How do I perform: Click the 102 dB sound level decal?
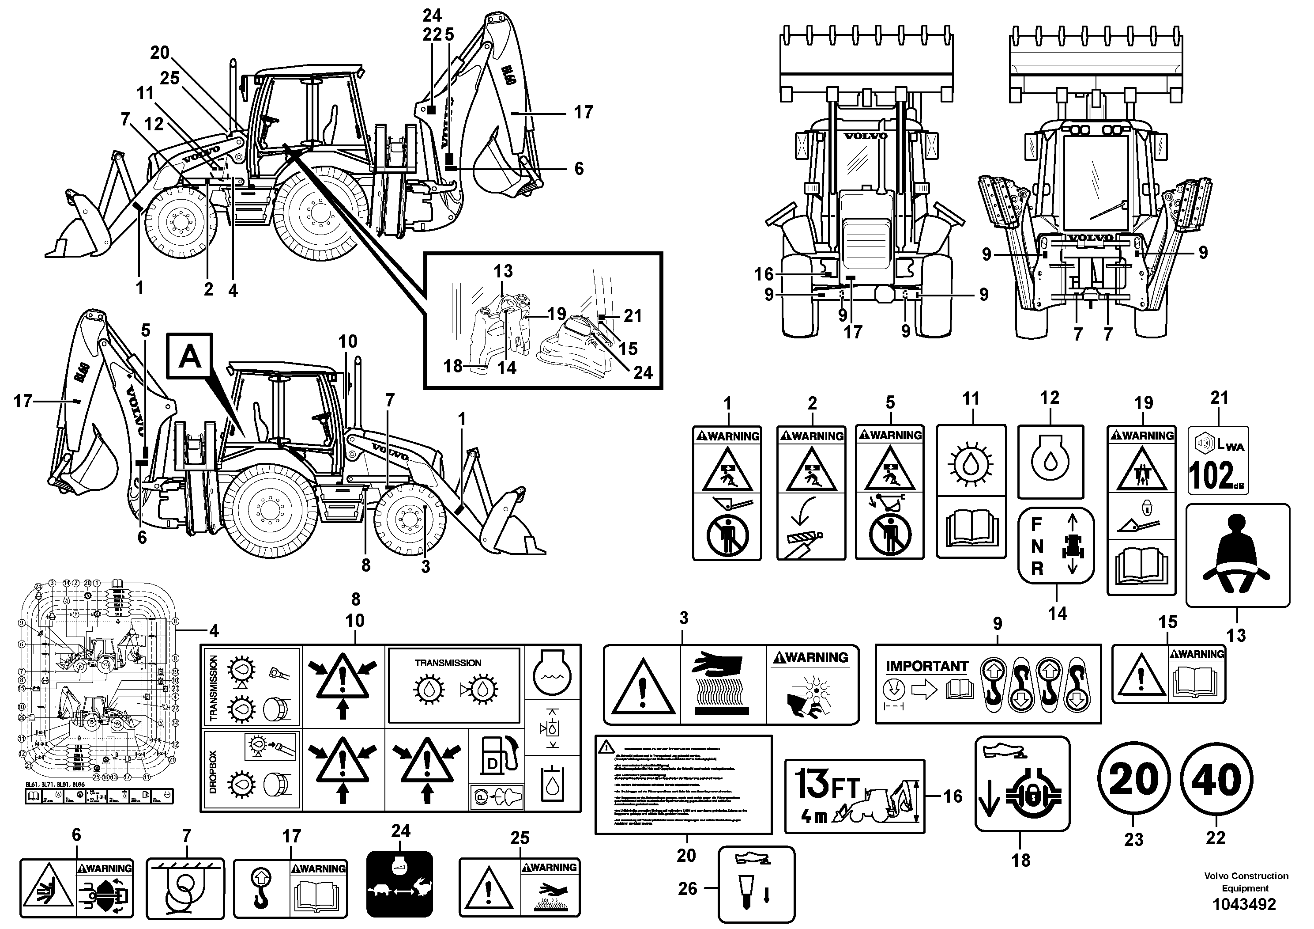coord(1218,460)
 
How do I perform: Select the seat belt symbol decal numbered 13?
coord(1237,554)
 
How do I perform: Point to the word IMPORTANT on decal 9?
coord(926,666)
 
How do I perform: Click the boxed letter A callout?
coord(190,357)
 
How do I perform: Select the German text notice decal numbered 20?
coord(683,784)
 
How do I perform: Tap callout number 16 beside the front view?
coord(764,274)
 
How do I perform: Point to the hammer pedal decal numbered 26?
coord(756,884)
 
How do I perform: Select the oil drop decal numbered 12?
coord(1050,462)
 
